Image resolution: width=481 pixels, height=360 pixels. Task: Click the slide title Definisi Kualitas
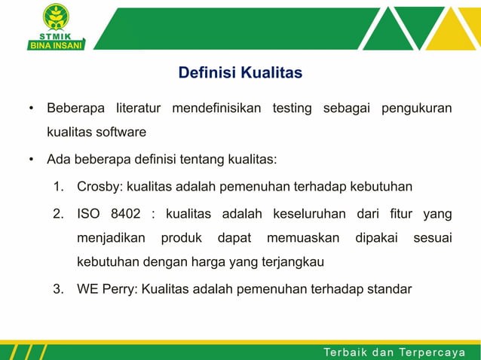240,73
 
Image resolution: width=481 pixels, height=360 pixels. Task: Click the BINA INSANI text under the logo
57,44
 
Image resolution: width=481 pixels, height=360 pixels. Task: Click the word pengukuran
416,108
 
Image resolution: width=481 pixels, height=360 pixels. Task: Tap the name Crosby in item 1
99,186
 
